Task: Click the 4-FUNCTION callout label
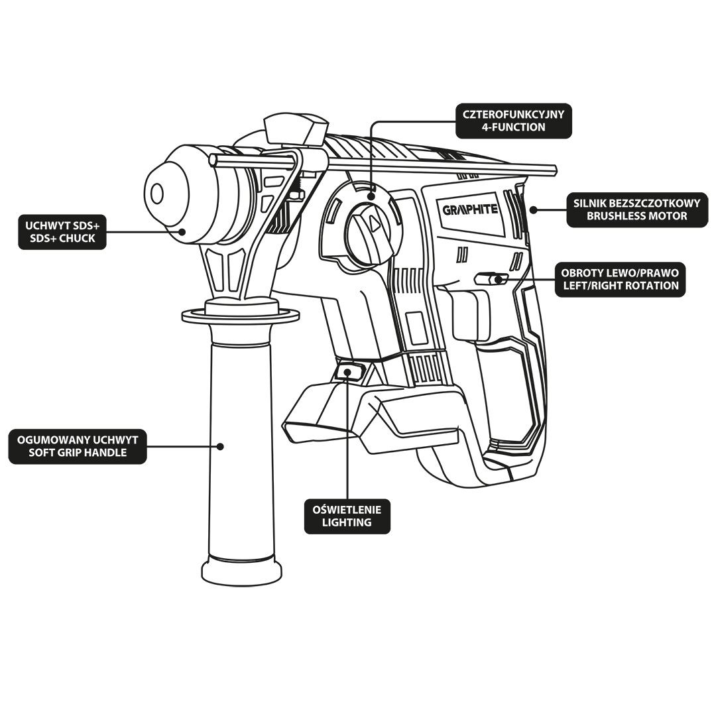[514, 121]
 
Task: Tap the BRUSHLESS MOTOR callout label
[637, 209]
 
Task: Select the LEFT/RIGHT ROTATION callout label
[621, 280]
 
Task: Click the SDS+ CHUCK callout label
[62, 232]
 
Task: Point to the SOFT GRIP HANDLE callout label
[78, 447]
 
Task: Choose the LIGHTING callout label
[347, 516]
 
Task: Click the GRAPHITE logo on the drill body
[470, 209]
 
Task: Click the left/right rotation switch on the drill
[491, 278]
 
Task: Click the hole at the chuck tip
[157, 194]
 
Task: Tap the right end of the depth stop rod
[555, 170]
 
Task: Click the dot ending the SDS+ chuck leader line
[183, 231]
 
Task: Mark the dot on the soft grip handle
[221, 446]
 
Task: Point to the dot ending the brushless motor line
[533, 209]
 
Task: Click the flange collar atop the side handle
[241, 314]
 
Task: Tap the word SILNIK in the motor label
[591, 204]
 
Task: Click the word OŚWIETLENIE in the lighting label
[347, 510]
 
